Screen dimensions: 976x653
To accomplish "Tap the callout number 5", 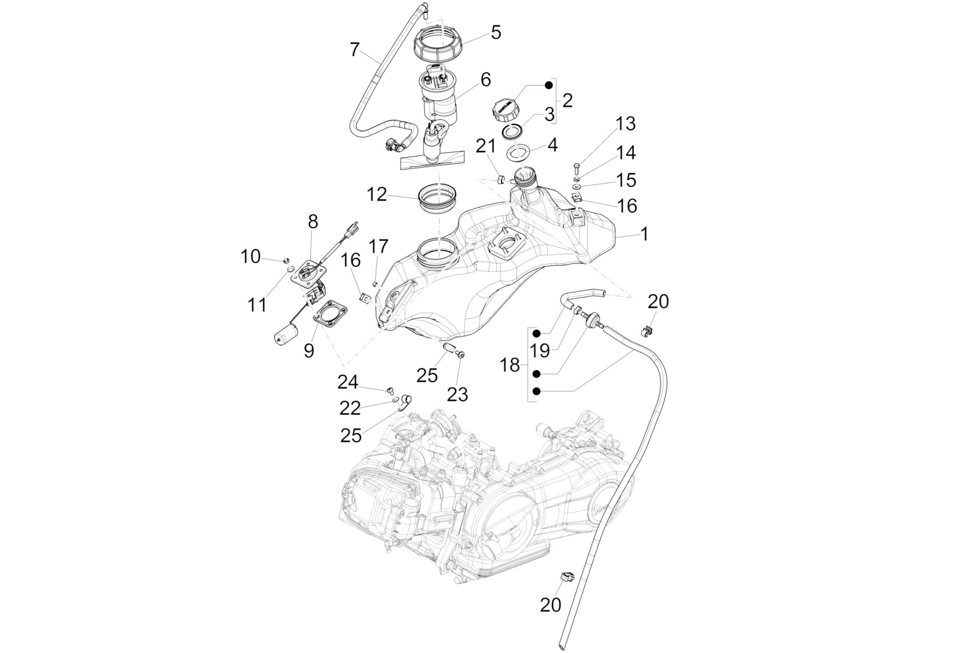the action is [x=496, y=32].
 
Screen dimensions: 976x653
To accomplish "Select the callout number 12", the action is [x=377, y=194].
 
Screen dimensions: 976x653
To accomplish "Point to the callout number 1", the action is [x=645, y=234].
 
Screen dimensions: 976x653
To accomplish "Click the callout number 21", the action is [x=486, y=146].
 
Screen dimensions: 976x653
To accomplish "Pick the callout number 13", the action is [x=625, y=123].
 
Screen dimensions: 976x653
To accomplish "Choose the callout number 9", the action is [x=309, y=351].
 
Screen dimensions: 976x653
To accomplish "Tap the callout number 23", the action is [x=457, y=394].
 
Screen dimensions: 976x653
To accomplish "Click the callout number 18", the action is [x=509, y=365].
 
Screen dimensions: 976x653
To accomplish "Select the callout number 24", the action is [x=348, y=382].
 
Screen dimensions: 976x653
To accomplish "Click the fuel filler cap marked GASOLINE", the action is [x=506, y=112].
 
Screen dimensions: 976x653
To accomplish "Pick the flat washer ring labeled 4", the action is [x=519, y=154].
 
